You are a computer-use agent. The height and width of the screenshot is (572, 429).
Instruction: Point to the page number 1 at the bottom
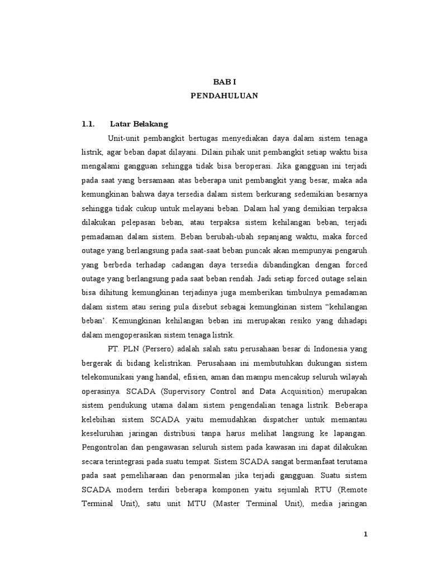[365, 534]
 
